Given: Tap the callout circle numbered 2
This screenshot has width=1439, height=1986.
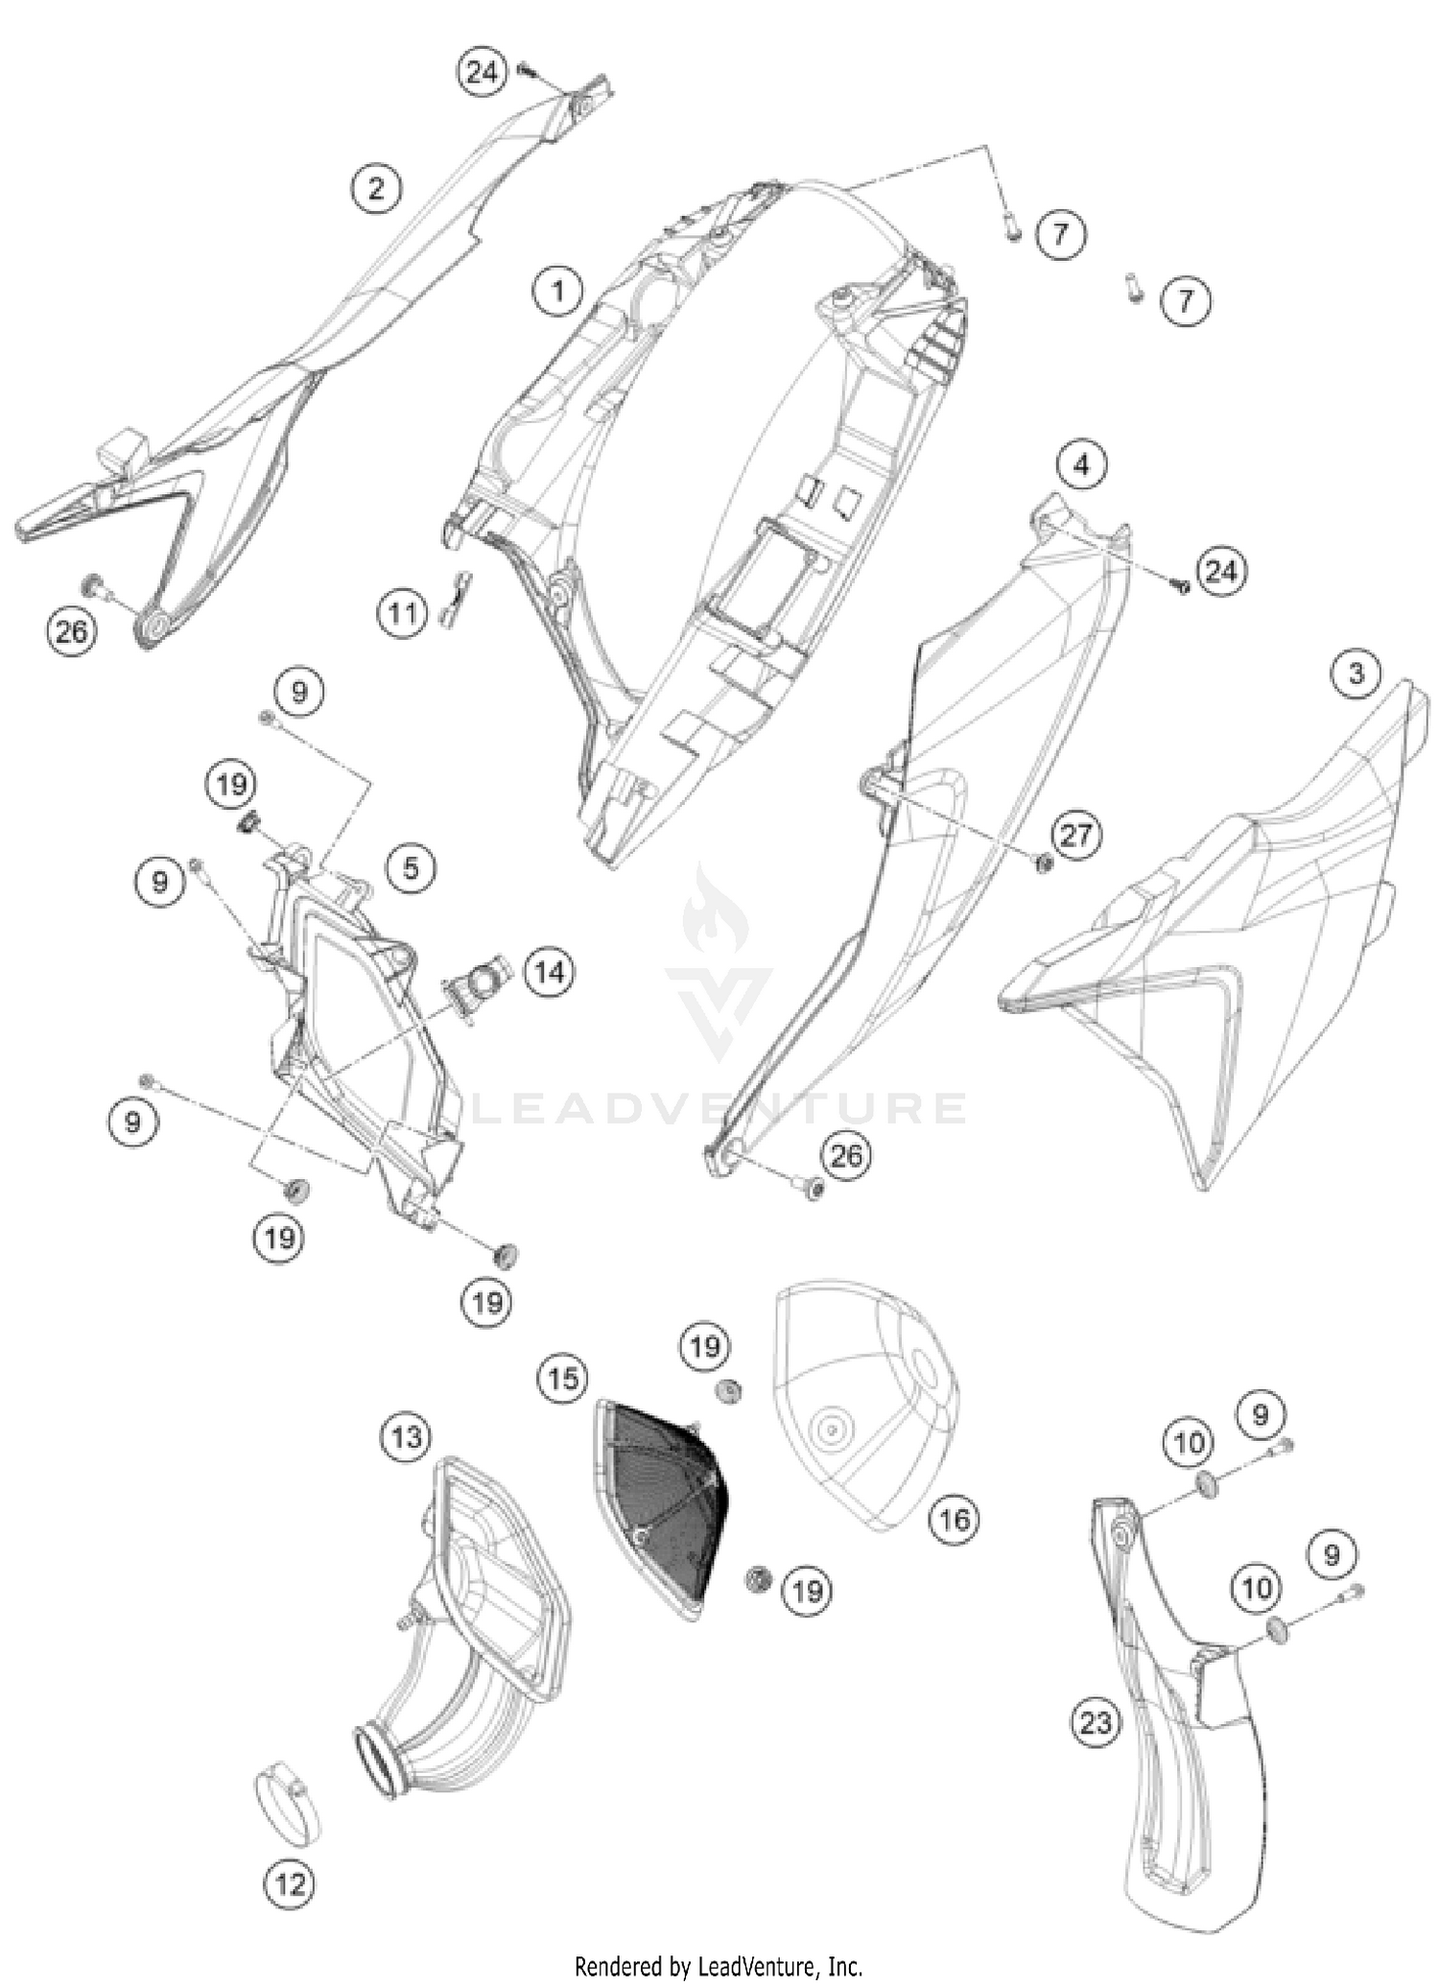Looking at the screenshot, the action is pos(376,187).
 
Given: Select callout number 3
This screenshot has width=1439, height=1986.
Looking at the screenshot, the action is pos(1356,674).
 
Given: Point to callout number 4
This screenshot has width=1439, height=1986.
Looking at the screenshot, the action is pos(1082,466).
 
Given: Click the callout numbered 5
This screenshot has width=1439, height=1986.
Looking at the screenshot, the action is pos(411,867).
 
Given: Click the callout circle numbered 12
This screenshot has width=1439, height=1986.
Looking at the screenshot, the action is pos(291,1883).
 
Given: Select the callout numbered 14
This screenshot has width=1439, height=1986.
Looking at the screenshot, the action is pos(549,973).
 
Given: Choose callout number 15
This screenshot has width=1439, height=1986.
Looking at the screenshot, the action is pos(563,1378).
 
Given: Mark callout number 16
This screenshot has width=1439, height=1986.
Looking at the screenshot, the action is pos(955,1518).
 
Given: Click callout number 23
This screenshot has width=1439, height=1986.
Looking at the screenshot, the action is pos(1096,1723).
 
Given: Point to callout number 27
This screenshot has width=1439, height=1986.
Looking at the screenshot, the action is pos(1075,834).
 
